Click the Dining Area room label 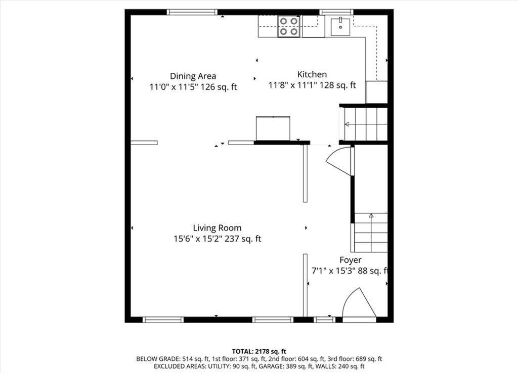(x=193, y=76)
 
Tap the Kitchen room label (x=312, y=74)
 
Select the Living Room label (x=217, y=228)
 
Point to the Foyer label (x=350, y=260)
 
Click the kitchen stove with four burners (x=289, y=26)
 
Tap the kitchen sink (x=340, y=27)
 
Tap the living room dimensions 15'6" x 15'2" (x=198, y=239)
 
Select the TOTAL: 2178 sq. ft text (x=259, y=351)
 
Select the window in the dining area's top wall (x=192, y=12)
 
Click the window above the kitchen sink (x=336, y=12)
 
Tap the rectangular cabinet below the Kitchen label (x=273, y=128)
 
